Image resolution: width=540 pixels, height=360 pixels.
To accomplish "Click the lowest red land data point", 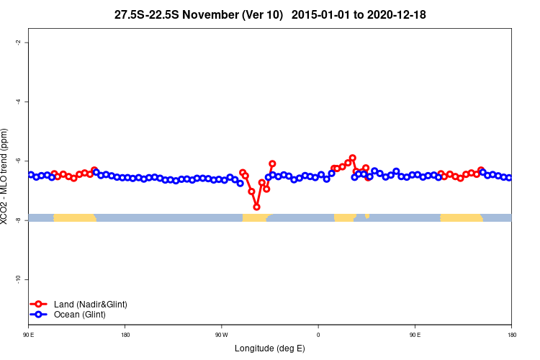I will click(256, 207).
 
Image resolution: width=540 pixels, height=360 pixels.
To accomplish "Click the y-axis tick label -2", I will click(17, 42).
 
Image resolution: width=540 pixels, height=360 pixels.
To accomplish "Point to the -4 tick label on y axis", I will click(17, 102).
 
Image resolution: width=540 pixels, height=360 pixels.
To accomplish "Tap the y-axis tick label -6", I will click(17, 161).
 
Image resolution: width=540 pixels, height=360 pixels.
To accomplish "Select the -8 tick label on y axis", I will click(17, 220).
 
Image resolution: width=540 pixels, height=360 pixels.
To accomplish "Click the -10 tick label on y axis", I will click(17, 279).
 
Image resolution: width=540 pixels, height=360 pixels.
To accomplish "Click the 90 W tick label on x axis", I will click(221, 335).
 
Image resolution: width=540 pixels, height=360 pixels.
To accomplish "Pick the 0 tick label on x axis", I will click(318, 335).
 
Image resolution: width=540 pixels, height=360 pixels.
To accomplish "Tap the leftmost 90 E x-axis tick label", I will click(28, 335).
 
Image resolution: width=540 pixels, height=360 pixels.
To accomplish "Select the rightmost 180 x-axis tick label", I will click(511, 335).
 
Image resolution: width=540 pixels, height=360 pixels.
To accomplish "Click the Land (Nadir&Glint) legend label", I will click(90, 305).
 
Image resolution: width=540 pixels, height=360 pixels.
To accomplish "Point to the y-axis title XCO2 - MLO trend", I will click(6, 176).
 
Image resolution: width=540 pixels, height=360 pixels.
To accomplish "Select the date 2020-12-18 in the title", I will click(395, 14).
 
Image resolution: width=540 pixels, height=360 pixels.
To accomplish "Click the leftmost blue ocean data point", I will click(31, 174).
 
